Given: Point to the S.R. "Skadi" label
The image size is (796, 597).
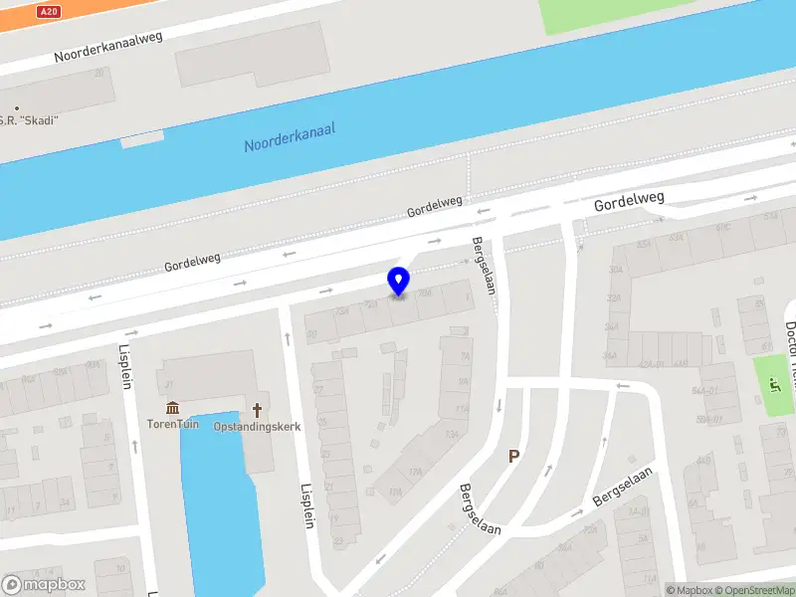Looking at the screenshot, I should tap(30, 120).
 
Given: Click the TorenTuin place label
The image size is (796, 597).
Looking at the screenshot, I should tap(174, 425).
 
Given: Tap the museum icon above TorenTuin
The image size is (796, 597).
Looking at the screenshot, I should tap(174, 408).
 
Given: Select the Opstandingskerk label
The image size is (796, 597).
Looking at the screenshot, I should tap(258, 425).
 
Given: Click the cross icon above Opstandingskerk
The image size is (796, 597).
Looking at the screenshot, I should tap(258, 408).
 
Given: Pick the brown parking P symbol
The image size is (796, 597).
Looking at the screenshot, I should tap(514, 457).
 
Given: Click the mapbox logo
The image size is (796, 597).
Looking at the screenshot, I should tap(44, 585).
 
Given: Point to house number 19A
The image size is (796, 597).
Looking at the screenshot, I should tap(395, 493).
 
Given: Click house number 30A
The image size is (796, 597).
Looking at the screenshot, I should tap(615, 270).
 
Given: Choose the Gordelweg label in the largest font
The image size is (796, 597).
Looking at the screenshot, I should tap(629, 203).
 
